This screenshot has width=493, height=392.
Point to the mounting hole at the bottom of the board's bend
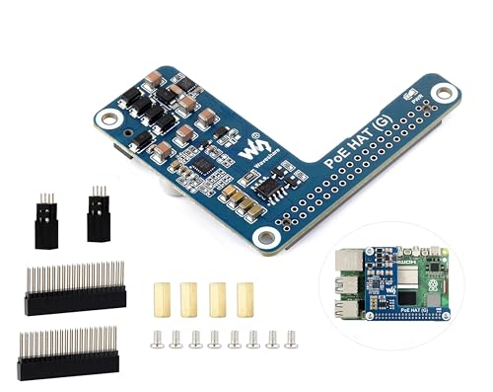263,238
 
